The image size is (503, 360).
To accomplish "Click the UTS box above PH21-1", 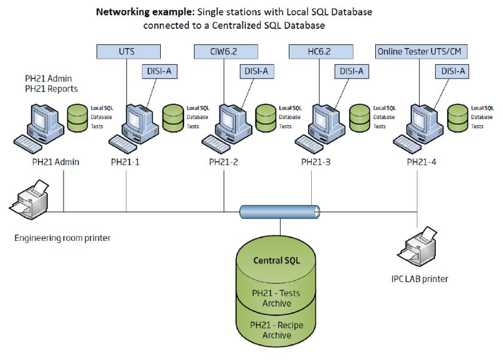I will (x=128, y=52).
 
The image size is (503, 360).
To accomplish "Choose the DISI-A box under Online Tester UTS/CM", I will (x=452, y=71).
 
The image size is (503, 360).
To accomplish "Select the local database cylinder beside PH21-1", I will (x=173, y=117).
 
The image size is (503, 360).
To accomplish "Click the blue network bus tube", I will (x=280, y=211).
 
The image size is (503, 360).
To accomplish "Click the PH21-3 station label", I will (x=316, y=162).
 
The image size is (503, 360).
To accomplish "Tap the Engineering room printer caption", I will (x=63, y=238).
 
